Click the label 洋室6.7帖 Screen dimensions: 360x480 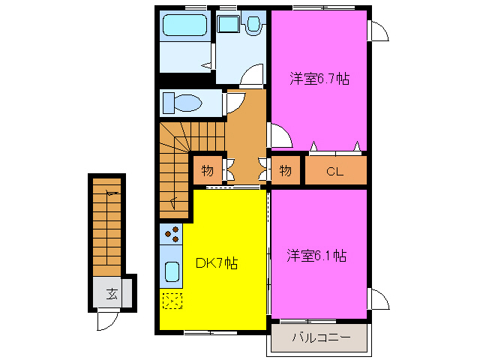(x=319, y=78)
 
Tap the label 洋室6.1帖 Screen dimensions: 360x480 (x=316, y=255)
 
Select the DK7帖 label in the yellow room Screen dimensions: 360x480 (x=217, y=263)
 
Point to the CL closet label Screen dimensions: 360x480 (x=334, y=171)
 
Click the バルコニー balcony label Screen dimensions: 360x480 (x=321, y=338)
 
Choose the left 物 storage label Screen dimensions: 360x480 (x=206, y=170)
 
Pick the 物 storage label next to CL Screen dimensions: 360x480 (x=285, y=170)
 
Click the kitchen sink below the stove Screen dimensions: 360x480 (x=172, y=271)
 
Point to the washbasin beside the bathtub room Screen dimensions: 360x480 (x=227, y=25)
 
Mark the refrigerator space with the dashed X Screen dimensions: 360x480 (x=172, y=301)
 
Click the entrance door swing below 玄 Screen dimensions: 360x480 (x=106, y=321)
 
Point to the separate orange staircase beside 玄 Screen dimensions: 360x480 (x=106, y=225)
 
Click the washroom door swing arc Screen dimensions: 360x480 (x=253, y=75)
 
